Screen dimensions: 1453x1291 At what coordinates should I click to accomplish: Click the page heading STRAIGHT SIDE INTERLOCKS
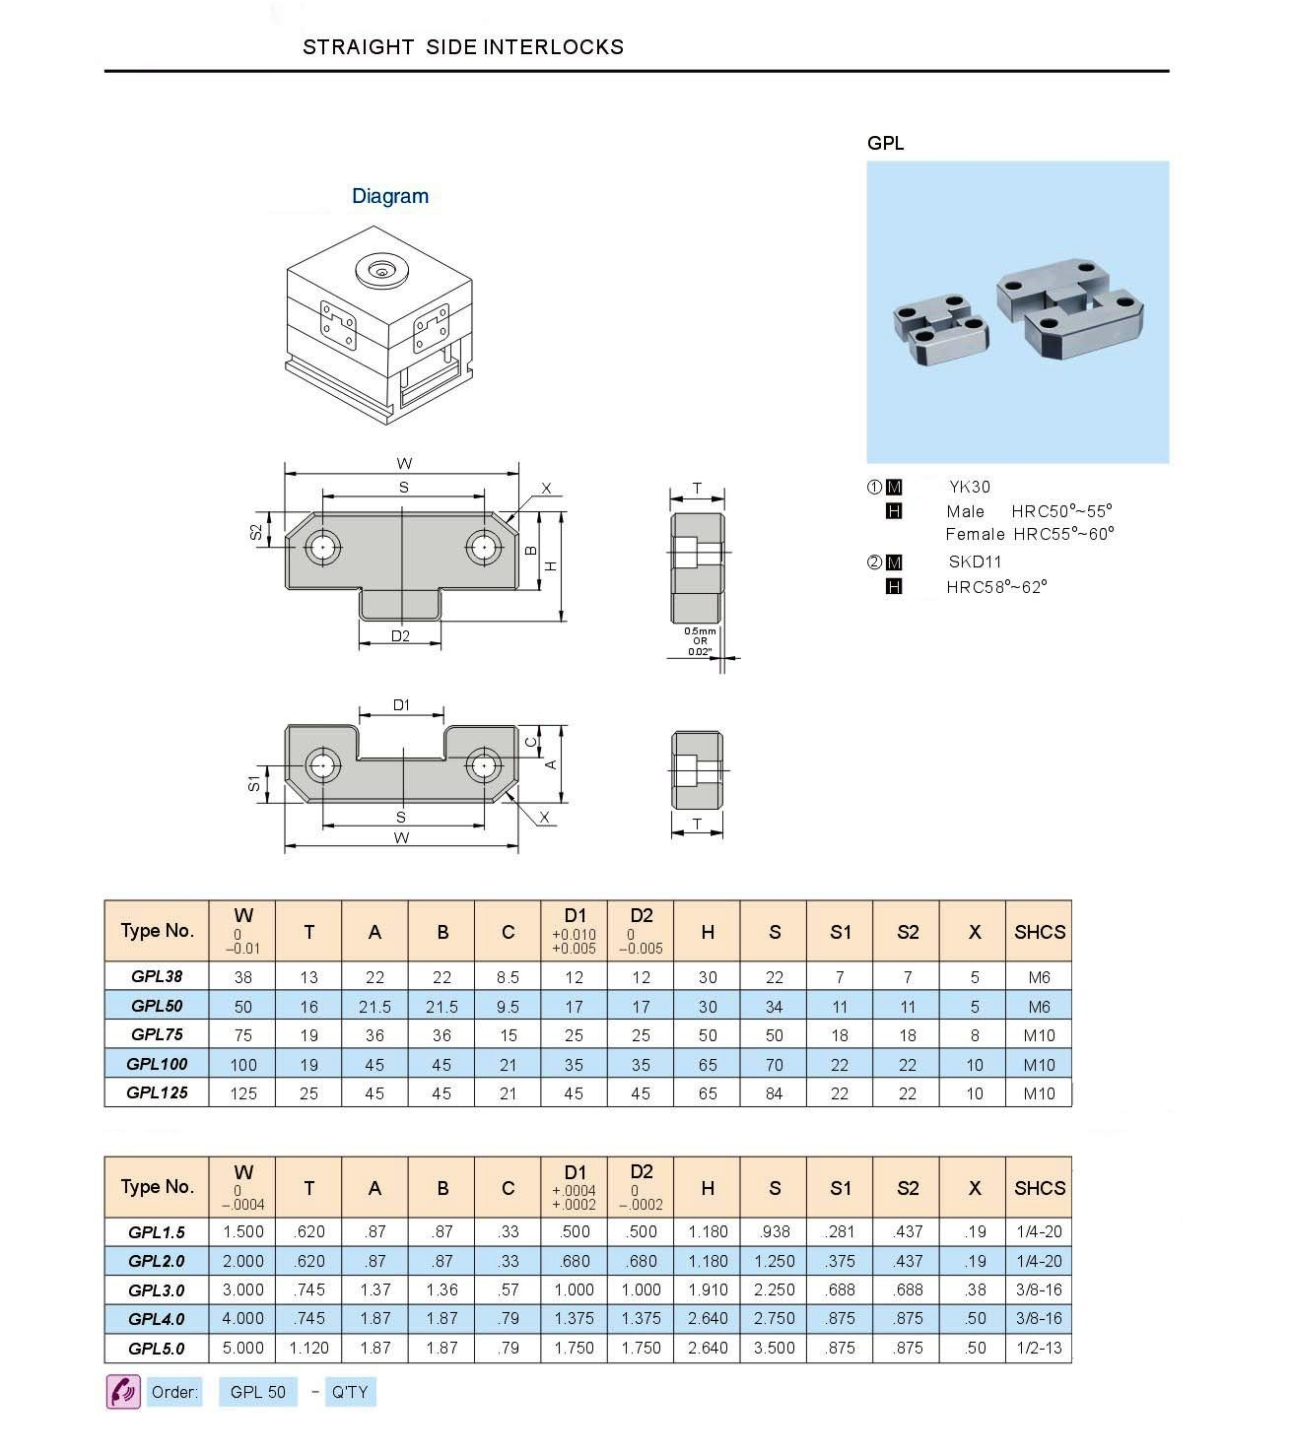click(462, 47)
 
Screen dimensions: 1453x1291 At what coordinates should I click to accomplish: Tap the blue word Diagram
click(390, 196)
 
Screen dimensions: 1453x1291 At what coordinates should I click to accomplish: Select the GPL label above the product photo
click(885, 143)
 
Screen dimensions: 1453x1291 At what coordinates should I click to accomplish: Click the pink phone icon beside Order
click(123, 1392)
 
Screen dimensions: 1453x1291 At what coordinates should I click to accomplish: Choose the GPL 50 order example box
click(257, 1392)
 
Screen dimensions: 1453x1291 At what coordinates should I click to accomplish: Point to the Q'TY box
click(350, 1392)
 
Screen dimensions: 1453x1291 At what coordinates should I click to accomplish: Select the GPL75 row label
click(157, 1034)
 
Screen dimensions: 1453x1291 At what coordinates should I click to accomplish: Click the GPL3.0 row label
click(157, 1289)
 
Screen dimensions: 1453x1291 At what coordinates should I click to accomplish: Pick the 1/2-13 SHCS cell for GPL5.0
click(1039, 1348)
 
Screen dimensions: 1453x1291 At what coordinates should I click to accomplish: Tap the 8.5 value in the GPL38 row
click(508, 977)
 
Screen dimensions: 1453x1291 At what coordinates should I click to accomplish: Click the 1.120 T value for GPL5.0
click(308, 1348)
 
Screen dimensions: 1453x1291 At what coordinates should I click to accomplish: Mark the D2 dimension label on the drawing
click(400, 636)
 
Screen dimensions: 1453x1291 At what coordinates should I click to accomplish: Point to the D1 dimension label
click(401, 705)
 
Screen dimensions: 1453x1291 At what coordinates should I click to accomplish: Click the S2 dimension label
click(256, 532)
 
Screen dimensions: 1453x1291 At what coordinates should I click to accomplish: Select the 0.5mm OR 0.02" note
click(700, 641)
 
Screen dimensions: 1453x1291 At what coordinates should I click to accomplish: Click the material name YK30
click(970, 487)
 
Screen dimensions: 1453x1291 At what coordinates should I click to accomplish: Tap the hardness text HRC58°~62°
click(996, 587)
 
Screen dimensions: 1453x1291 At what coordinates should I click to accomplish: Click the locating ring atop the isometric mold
click(380, 271)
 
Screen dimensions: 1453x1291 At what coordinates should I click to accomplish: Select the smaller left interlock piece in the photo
click(940, 327)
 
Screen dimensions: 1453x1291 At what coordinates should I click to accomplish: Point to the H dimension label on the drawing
click(551, 565)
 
